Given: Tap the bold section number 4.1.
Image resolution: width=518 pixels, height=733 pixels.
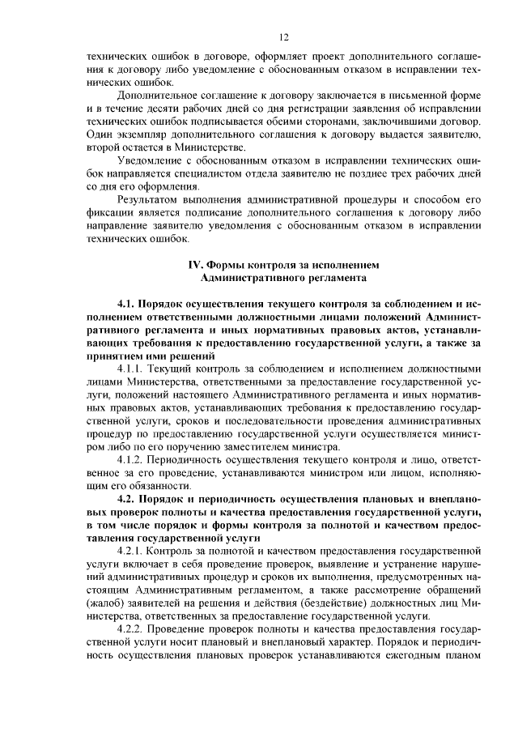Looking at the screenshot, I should (x=129, y=303).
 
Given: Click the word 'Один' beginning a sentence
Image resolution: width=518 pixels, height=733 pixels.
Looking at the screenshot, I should (x=99, y=134).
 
